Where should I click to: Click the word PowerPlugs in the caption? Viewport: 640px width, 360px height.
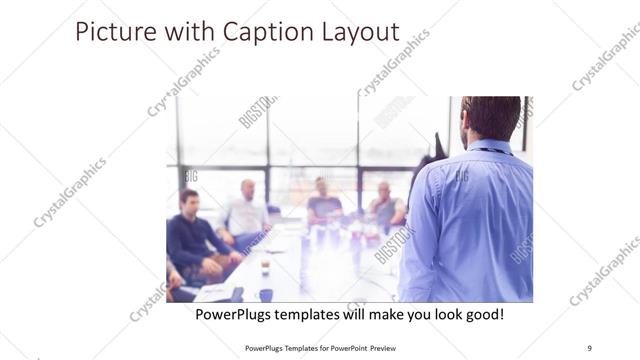[233, 314]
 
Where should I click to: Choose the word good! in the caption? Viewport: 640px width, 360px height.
[483, 314]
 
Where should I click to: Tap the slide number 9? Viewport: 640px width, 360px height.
[590, 347]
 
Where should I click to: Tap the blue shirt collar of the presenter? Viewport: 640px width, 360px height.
[490, 148]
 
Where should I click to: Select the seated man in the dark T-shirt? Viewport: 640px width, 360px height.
[322, 200]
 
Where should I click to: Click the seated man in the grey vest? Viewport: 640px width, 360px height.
[385, 204]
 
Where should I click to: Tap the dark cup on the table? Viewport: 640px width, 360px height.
[266, 294]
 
